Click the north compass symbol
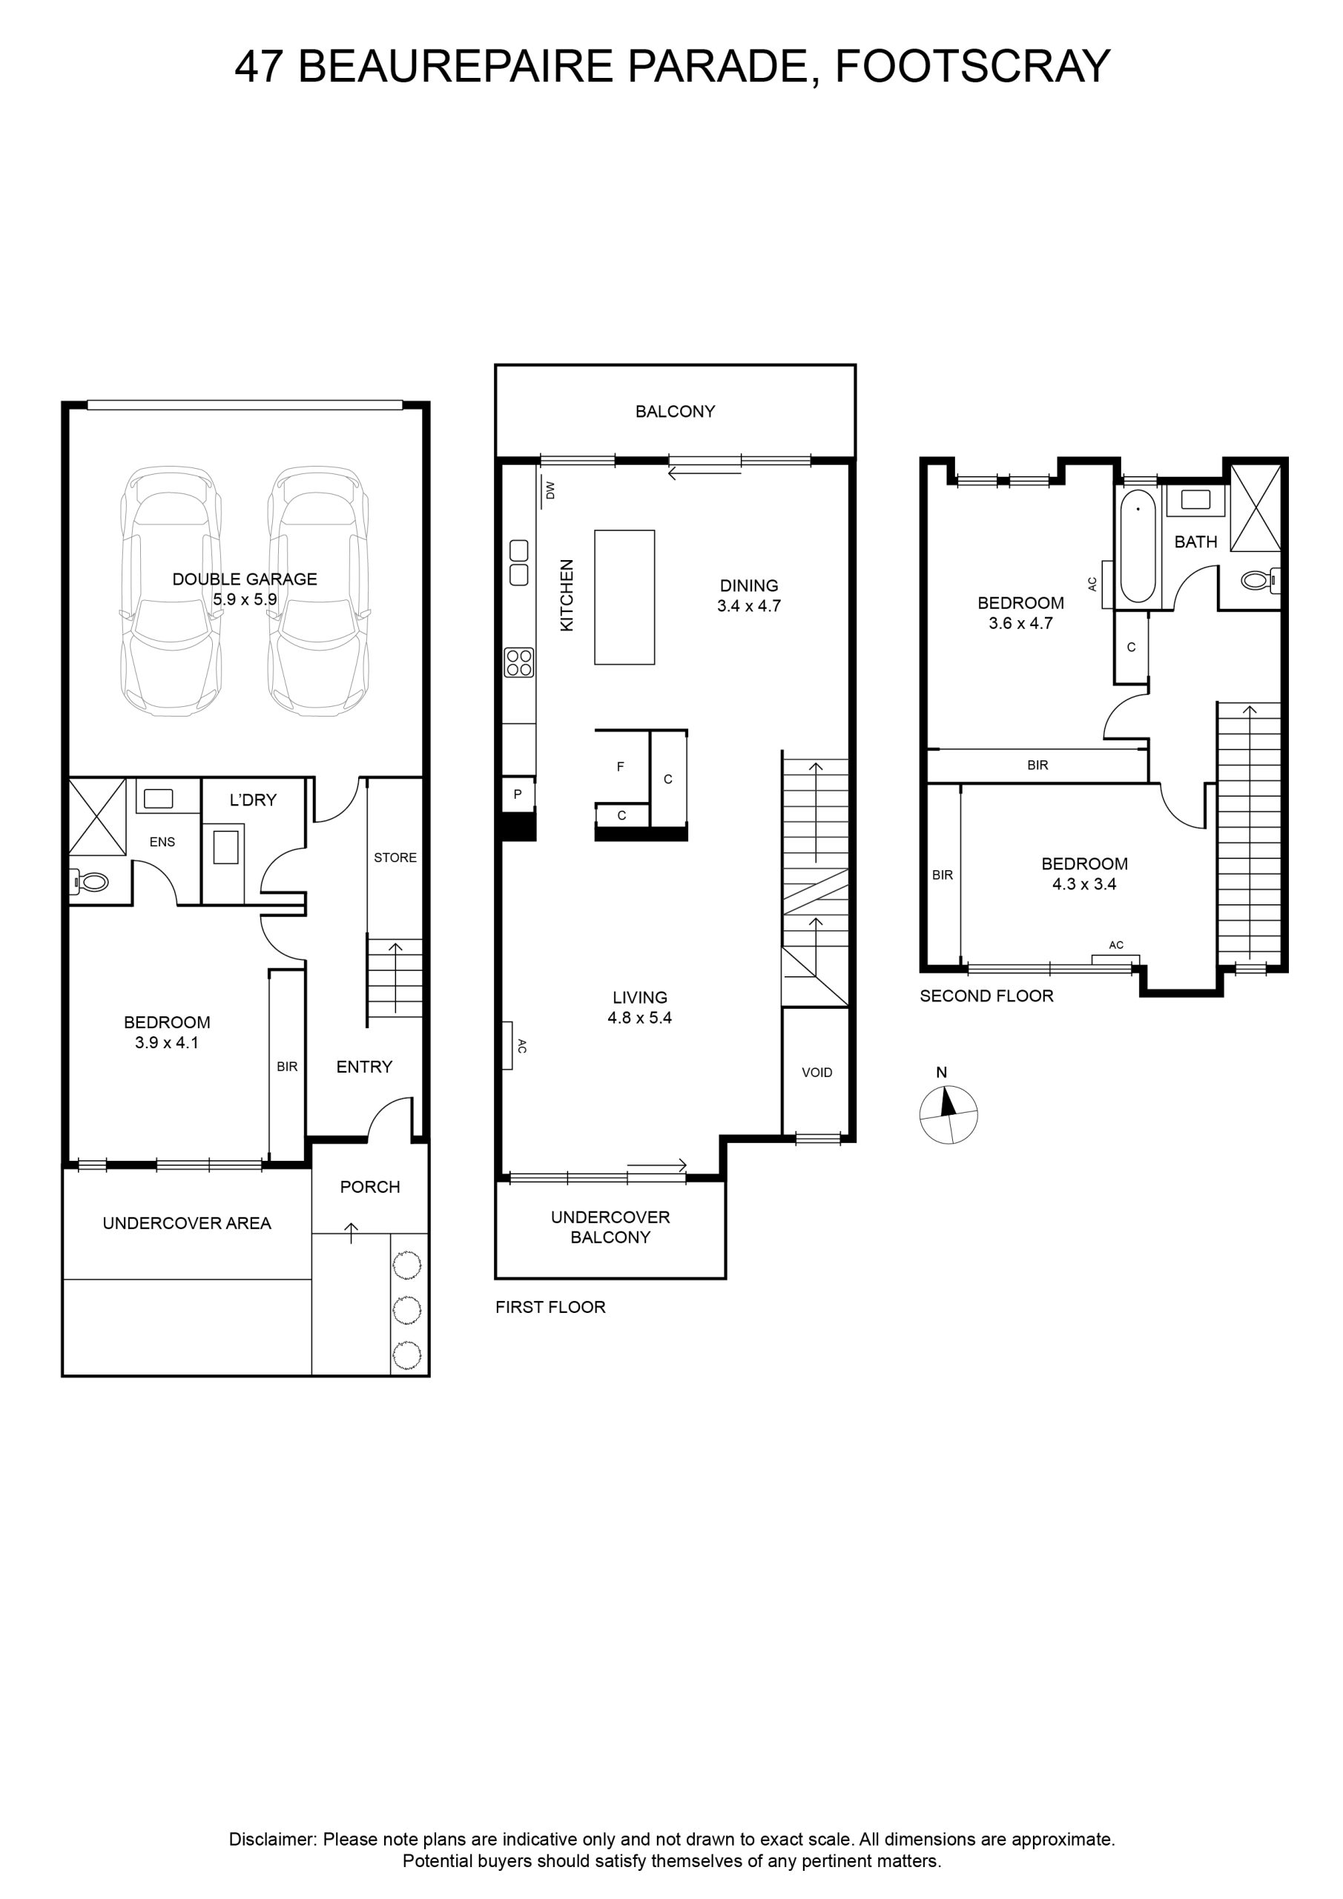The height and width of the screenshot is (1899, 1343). tap(948, 1114)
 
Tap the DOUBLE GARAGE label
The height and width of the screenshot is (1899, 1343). tap(245, 579)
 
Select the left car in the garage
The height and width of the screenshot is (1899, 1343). tap(171, 590)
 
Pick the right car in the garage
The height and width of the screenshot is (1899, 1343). tap(318, 590)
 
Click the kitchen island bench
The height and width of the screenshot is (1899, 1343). tap(624, 597)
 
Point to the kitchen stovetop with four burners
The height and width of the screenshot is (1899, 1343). tap(519, 662)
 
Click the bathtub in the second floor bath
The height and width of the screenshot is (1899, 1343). tap(1138, 545)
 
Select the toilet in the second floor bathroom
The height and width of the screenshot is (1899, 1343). tap(1259, 580)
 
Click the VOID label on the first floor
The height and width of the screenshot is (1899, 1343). tap(817, 1072)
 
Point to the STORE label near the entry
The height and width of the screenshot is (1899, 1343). tap(395, 858)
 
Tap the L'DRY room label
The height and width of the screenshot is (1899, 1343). tap(253, 800)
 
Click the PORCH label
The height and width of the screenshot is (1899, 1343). tap(369, 1187)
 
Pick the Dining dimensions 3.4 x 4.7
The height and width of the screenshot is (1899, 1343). tap(749, 605)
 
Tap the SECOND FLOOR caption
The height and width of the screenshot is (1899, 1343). tap(986, 995)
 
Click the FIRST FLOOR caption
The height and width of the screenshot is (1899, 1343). tap(551, 1307)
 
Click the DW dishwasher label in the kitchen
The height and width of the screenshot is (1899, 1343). tap(551, 490)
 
